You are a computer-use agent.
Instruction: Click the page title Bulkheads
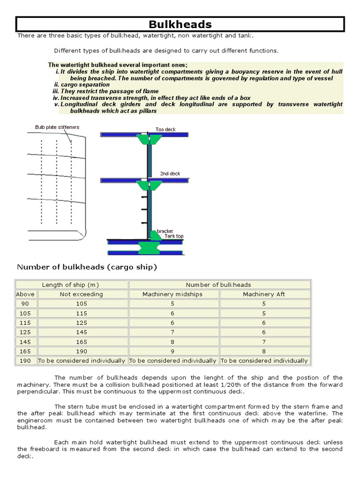pyautogui.click(x=180, y=24)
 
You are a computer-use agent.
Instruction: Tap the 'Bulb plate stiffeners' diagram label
pyautogui.click(x=57, y=127)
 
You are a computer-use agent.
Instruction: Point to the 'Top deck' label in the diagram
pyautogui.click(x=165, y=129)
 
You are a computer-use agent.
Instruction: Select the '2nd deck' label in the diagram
pyautogui.click(x=170, y=173)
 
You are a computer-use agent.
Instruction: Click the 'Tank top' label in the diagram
pyautogui.click(x=174, y=236)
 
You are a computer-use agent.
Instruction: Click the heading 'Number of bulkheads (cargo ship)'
pyautogui.click(x=87, y=267)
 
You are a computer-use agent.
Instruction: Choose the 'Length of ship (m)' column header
pyautogui.click(x=70, y=285)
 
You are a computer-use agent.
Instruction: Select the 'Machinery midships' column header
pyautogui.click(x=173, y=294)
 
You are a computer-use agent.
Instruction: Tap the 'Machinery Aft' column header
pyautogui.click(x=264, y=294)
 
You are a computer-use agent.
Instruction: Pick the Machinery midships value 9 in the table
pyautogui.click(x=173, y=351)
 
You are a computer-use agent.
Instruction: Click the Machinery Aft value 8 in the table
pyautogui.click(x=264, y=351)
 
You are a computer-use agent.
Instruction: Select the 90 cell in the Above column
pyautogui.click(x=26, y=304)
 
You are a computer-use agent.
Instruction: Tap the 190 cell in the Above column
pyautogui.click(x=26, y=360)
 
